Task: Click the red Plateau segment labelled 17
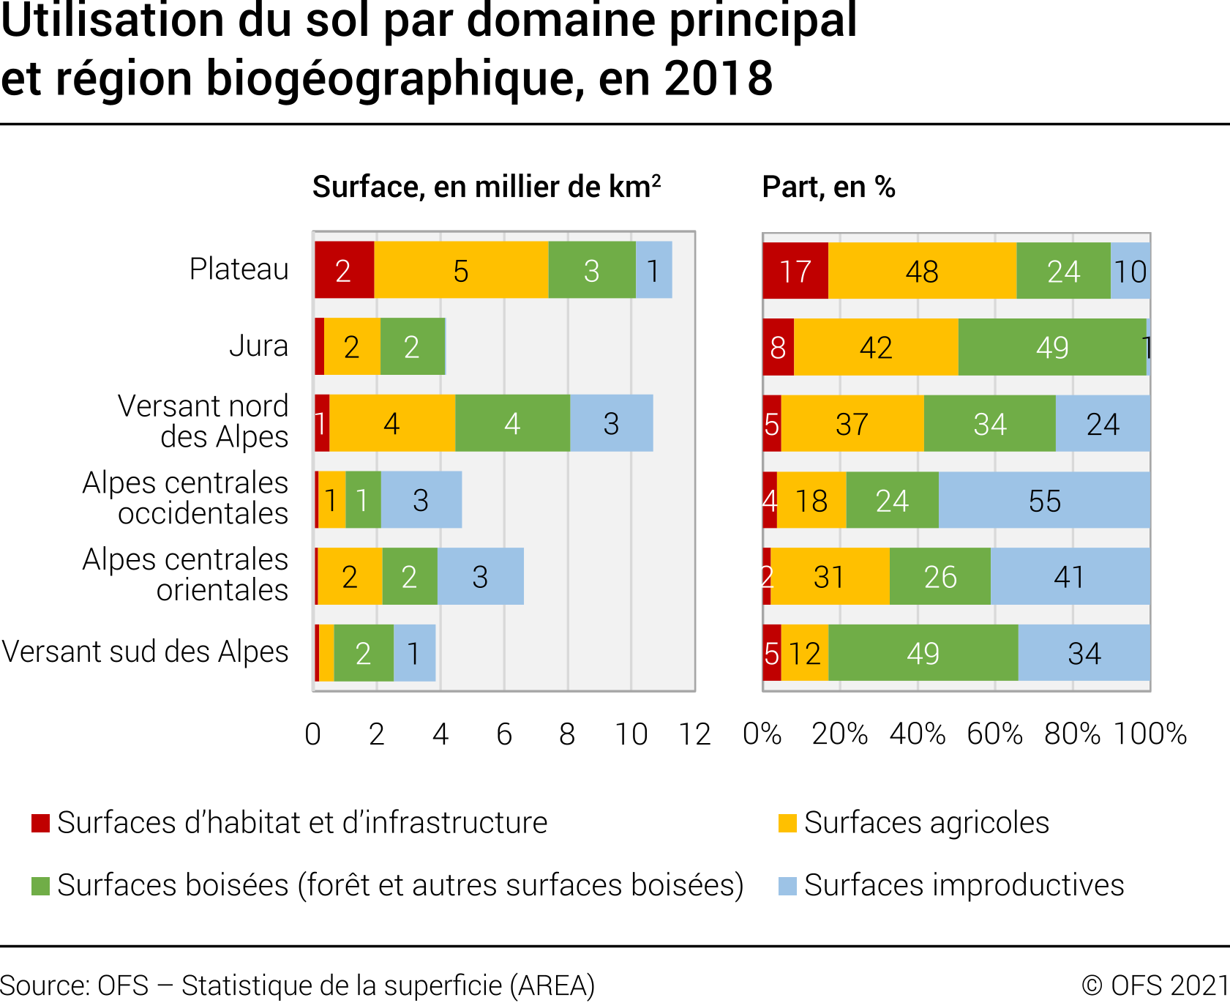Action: tap(795, 271)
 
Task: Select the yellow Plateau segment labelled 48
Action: tap(922, 271)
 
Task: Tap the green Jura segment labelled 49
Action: tap(1052, 347)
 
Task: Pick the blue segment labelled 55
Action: tap(1044, 501)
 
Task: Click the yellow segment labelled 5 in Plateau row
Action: tap(461, 270)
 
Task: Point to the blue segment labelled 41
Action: tap(1069, 577)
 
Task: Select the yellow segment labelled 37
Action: tap(852, 424)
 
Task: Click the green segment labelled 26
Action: tap(940, 577)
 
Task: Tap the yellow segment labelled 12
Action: tap(805, 653)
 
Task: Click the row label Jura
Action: tap(258, 346)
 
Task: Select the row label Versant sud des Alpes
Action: tap(145, 652)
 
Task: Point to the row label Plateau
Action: tap(239, 269)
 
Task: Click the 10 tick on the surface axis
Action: tap(631, 734)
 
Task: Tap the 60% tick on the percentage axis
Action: tap(994, 734)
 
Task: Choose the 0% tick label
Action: tap(762, 734)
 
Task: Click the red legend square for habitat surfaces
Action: tap(40, 823)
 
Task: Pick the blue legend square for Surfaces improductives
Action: tap(787, 886)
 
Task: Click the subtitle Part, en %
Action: tap(828, 187)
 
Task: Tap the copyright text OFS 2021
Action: tap(1155, 985)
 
